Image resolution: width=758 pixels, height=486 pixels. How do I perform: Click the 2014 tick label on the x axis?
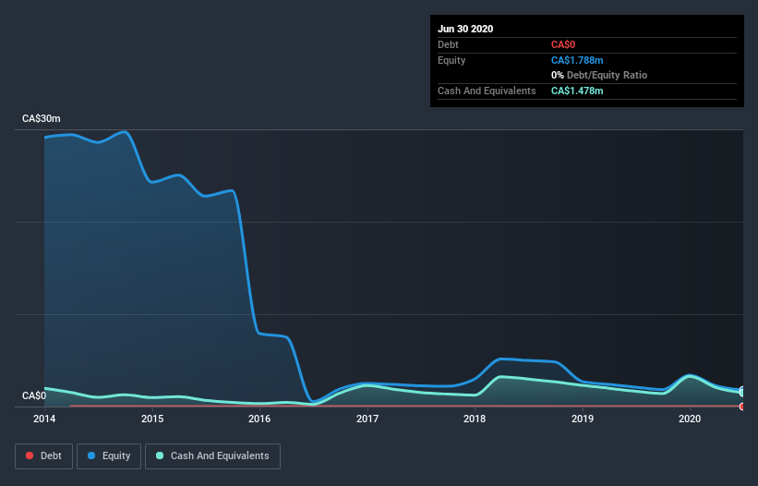click(44, 419)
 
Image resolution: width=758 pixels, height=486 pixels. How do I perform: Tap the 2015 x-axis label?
click(152, 419)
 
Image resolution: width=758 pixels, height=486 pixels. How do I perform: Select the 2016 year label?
click(259, 419)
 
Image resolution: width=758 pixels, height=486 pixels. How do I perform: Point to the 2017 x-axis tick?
click(367, 419)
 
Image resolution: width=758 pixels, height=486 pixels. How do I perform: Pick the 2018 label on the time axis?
click(475, 419)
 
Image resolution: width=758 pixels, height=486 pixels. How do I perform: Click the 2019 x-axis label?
click(583, 419)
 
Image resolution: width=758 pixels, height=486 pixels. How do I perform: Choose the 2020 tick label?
click(690, 419)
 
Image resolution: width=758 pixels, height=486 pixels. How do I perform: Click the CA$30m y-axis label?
click(42, 119)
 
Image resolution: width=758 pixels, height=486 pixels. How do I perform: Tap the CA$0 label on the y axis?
click(34, 396)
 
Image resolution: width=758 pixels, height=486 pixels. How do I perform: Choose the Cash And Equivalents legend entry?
click(212, 456)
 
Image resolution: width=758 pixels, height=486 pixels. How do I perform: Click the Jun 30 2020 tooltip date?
click(465, 29)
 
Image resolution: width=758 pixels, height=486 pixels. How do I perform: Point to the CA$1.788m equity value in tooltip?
click(577, 60)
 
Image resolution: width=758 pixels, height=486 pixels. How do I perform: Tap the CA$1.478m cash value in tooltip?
click(577, 91)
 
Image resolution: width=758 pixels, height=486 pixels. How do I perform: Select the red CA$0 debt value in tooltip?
click(563, 44)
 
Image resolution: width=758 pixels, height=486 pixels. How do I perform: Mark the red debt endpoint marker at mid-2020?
click(742, 406)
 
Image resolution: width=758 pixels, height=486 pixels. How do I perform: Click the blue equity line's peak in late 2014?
click(126, 132)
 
